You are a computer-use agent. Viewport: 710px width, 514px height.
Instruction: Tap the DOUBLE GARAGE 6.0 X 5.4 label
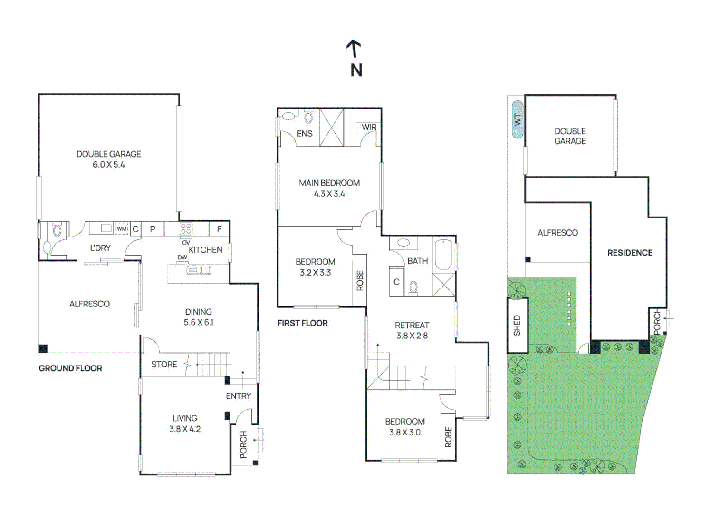[109, 159]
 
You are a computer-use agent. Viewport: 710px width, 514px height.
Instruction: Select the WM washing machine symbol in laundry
[122, 229]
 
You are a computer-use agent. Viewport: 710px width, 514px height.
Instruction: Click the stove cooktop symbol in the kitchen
[186, 228]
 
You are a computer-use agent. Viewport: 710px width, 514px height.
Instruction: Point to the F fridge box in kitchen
[219, 229]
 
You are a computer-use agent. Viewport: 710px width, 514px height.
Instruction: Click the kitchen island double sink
[199, 270]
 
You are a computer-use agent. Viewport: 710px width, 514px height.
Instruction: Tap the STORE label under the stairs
[164, 365]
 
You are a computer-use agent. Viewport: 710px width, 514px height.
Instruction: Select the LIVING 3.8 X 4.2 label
[185, 424]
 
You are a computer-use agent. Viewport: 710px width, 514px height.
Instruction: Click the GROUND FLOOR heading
[70, 368]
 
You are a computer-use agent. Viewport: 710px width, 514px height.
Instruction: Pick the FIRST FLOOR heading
[303, 323]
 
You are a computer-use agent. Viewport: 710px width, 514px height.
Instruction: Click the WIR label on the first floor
[369, 128]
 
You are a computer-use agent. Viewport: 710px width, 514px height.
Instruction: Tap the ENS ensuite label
[305, 134]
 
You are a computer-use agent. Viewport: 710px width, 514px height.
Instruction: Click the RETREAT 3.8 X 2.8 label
[412, 330]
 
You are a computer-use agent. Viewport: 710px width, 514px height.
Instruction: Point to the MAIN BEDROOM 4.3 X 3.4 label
[329, 188]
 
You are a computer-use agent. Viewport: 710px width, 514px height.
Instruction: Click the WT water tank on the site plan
[518, 119]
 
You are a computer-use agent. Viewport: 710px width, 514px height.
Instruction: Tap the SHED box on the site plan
[517, 326]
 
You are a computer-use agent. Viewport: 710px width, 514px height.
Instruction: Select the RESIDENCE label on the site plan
[630, 253]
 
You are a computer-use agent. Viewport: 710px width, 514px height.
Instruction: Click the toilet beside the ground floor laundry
[58, 231]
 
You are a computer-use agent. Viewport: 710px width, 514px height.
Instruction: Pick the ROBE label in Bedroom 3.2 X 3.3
[360, 280]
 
